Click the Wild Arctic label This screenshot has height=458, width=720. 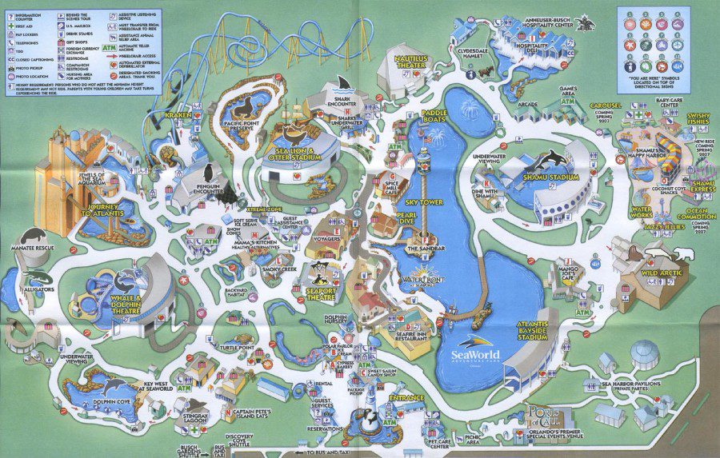point(664,275)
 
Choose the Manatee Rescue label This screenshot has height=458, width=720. point(27,249)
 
